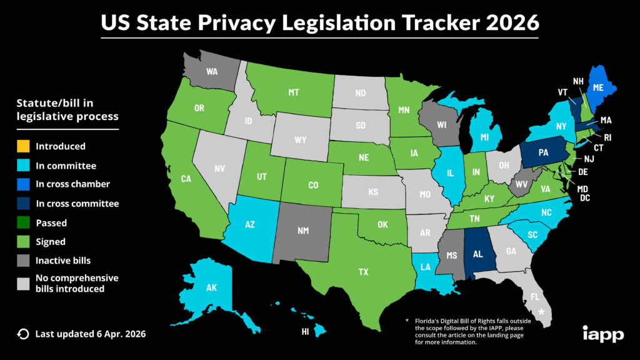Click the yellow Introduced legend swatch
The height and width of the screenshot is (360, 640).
click(x=22, y=146)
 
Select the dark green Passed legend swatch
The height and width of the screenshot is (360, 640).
click(x=22, y=222)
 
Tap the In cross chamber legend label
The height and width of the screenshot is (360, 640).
click(x=73, y=184)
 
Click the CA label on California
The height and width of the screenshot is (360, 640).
click(x=186, y=179)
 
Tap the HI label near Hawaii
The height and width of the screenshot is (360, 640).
click(x=305, y=332)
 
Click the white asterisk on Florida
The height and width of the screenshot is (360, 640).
click(x=542, y=311)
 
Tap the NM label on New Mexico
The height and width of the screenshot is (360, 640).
click(x=303, y=231)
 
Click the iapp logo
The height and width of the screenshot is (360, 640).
click(x=602, y=334)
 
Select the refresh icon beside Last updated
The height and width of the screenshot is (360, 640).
click(x=23, y=334)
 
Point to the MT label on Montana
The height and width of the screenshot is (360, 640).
click(x=293, y=92)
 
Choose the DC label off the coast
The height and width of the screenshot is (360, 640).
click(x=586, y=198)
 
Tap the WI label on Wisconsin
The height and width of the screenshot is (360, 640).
click(x=441, y=125)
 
